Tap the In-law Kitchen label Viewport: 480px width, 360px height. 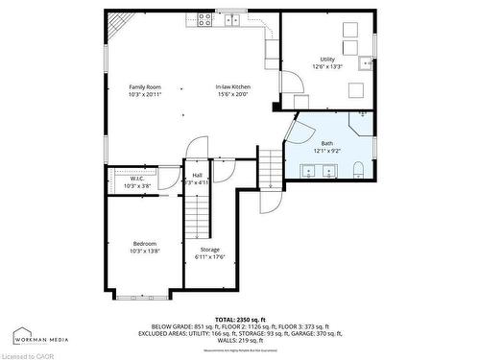point(232,87)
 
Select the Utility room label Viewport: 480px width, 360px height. point(327,60)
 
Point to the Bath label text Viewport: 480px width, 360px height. point(327,143)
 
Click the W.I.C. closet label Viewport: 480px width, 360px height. point(137,179)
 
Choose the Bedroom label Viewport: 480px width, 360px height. point(145,244)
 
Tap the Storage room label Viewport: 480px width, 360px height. point(208,249)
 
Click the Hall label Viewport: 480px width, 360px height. point(197,175)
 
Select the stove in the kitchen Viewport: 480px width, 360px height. point(205,18)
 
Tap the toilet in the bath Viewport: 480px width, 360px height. point(358,171)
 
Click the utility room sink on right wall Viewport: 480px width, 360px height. point(366,64)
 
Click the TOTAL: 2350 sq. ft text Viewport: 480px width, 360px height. point(239,318)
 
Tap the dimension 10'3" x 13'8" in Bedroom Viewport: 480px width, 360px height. point(145,251)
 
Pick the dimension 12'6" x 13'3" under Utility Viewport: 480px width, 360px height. point(327,67)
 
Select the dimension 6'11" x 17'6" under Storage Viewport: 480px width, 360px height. point(208,255)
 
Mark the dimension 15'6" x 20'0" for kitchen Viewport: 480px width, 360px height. point(232,94)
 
